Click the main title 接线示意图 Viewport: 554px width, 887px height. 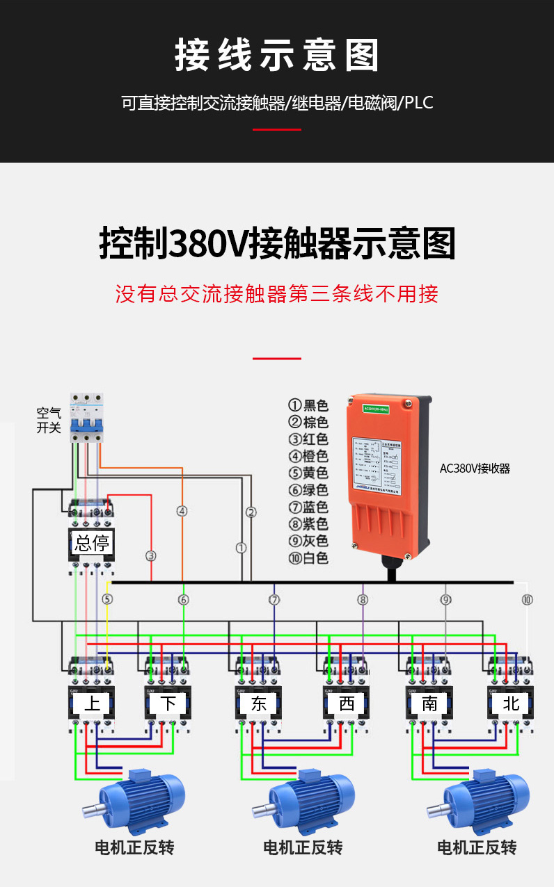277,56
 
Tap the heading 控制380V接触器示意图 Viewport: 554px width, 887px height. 277,243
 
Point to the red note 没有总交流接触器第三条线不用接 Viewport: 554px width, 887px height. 277,294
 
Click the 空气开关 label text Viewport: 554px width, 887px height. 49,421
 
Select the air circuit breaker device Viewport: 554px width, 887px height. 86,417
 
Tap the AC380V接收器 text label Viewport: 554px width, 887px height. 475,469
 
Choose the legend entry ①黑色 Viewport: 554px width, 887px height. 308,405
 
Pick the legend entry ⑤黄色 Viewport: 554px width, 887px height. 308,473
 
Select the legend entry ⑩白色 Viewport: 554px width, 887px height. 308,558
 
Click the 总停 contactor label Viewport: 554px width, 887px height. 91,543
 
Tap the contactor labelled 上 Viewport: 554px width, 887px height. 91,703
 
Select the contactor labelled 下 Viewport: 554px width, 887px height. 168,703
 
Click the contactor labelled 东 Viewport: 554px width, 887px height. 258,703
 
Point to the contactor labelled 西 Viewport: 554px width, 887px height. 346,703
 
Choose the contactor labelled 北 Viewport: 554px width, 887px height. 511,703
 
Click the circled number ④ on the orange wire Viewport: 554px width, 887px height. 182,511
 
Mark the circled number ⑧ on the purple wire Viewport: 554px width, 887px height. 363,599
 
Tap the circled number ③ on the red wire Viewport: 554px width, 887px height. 151,555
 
